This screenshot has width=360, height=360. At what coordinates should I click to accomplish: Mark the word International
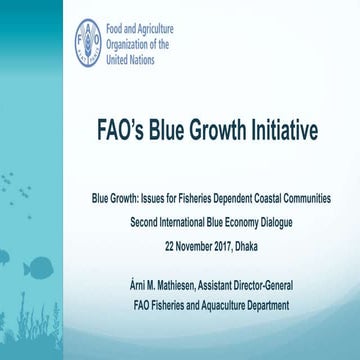(x=185, y=215)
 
